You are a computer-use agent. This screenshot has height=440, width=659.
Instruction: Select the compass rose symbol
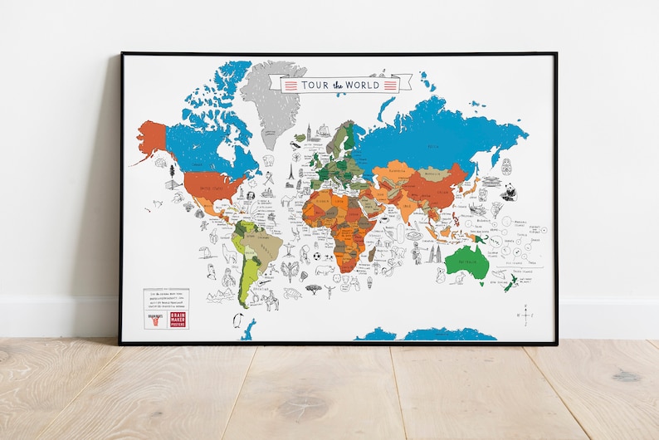[526, 314]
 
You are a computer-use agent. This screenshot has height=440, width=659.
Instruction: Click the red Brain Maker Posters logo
[177, 317]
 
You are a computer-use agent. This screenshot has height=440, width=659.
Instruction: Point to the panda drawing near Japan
[508, 192]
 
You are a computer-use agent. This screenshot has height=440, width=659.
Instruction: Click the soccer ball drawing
[316, 257]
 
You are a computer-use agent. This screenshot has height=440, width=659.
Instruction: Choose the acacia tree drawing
[314, 289]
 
